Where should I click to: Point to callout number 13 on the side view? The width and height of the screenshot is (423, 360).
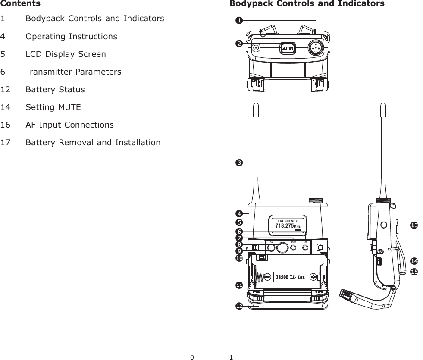(414, 225)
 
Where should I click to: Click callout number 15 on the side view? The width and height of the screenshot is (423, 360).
(414, 272)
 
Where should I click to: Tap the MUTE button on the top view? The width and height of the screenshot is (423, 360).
(288, 48)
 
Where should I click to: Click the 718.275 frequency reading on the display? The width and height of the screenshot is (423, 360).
(285, 225)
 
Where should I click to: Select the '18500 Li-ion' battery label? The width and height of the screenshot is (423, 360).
(291, 277)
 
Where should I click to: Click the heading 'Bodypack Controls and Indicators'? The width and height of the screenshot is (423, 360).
(307, 4)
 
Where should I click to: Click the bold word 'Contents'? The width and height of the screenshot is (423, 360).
(20, 4)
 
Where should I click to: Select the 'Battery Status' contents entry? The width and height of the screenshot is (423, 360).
(55, 90)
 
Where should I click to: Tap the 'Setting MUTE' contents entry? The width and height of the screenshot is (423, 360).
(53, 107)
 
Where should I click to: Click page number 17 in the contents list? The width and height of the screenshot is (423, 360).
(6, 143)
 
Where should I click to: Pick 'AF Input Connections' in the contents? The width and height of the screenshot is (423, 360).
(70, 125)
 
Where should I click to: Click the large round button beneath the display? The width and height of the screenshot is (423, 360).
(282, 248)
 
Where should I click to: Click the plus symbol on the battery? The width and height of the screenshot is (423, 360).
(313, 277)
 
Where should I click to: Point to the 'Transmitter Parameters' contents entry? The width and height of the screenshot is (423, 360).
(73, 72)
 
